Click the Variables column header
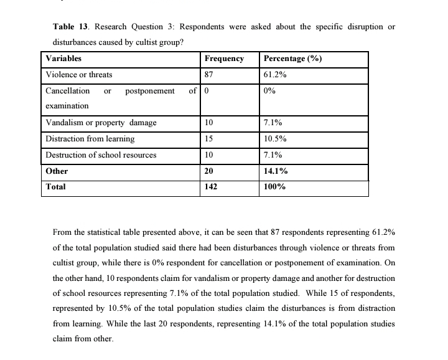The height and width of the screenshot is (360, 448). coord(63,59)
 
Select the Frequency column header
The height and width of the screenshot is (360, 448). coord(224,59)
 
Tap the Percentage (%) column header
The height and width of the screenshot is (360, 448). coord(292,59)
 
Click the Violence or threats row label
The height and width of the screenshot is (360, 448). coord(79,75)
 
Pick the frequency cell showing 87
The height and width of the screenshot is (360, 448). coord(209,75)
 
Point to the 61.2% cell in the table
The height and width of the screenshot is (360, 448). coord(275,75)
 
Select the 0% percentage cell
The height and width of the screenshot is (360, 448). coord(269,91)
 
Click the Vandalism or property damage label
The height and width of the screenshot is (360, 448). coord(101,123)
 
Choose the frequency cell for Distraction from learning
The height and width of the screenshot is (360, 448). coord(209,139)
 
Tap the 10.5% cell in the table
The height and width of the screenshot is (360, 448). coord(275,139)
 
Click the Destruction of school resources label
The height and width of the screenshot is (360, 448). coord(101,154)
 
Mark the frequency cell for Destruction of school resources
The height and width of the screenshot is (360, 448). coord(209,154)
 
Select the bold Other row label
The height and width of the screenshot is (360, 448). coord(57,171)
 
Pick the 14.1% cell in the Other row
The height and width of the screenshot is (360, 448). coord(275,171)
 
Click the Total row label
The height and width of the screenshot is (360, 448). coord(56,186)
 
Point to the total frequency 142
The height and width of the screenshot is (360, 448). coord(211,186)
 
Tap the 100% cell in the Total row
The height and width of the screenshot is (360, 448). coord(274,186)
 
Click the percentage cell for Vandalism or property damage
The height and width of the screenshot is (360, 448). coord(273,123)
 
